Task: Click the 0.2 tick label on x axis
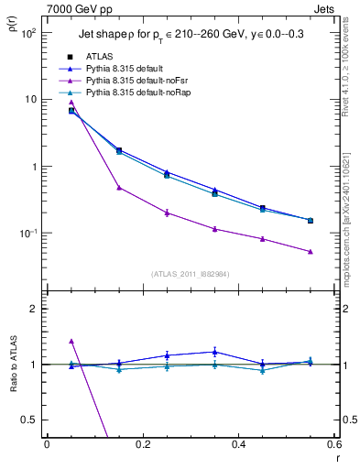142,445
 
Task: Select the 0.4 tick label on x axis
237,445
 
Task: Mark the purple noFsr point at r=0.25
167,213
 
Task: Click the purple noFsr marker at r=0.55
310,251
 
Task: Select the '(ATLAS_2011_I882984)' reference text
191,274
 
